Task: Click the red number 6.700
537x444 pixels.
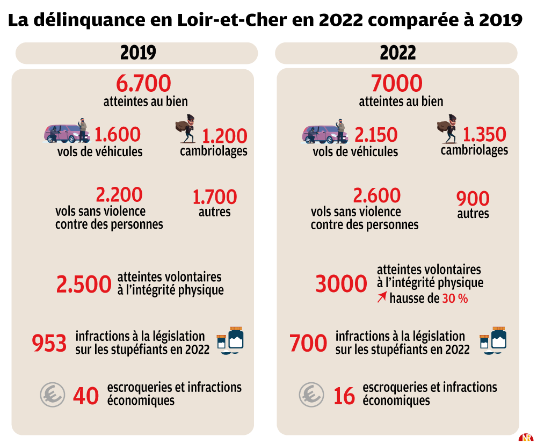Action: point(143,84)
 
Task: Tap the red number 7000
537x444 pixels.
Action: point(397,84)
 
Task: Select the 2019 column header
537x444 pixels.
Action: point(137,53)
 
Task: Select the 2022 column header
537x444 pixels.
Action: point(397,53)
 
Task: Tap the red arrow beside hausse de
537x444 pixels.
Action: point(382,298)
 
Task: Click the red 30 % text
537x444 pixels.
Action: point(455,299)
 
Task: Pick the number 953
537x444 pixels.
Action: point(49,343)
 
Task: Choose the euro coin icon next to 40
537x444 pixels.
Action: point(53,396)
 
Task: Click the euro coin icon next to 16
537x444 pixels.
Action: point(311,396)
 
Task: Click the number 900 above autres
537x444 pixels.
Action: point(473,199)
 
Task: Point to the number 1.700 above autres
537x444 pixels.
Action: point(214,197)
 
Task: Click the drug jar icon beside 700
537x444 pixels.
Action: point(494,340)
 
